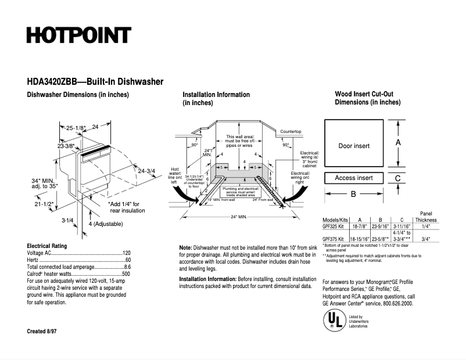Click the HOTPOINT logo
[x=78, y=35]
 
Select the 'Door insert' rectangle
[x=354, y=145]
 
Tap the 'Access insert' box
[x=354, y=178]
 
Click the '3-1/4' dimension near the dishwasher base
[x=67, y=221]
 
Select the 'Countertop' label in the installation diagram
[x=291, y=132]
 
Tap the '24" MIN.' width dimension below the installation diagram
[x=239, y=217]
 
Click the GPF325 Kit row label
[x=335, y=227]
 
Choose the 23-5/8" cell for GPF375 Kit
[x=381, y=239]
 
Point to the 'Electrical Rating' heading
[x=47, y=246]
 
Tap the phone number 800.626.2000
[x=397, y=304]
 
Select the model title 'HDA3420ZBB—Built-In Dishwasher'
[x=95, y=82]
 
